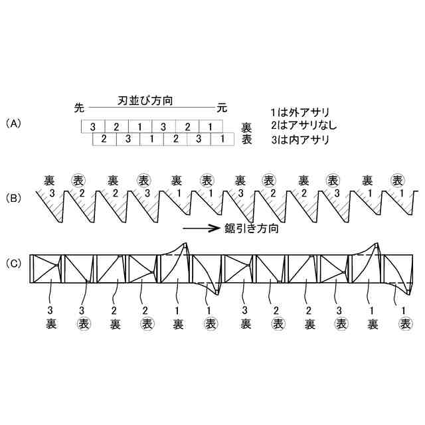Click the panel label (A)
pos(13,124)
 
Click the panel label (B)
pos(13,199)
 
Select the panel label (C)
pos(13,263)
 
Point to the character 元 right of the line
pos(222,107)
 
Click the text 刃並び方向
pos(149,100)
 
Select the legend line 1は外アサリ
pos(300,112)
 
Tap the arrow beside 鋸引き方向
pos(201,228)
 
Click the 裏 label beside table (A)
pos(247,127)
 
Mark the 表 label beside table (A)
pos(247,140)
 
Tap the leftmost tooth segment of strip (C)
pos(47,270)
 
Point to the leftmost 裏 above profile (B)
pos(49,180)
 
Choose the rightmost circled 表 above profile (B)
pos(398,180)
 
